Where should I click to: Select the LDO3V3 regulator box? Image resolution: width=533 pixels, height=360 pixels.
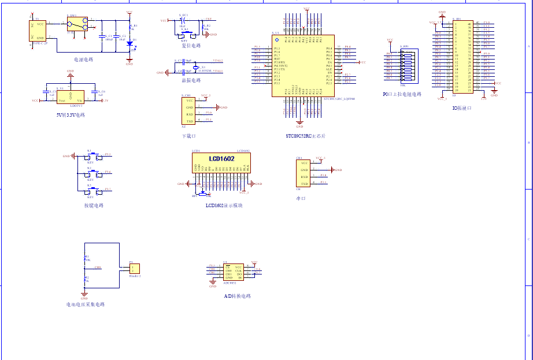71,98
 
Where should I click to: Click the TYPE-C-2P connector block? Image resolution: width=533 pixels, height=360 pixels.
38,31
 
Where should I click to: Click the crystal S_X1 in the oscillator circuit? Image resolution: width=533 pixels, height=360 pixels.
195,69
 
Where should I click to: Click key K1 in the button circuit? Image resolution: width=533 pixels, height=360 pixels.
91,156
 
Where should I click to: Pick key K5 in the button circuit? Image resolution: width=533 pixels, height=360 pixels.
91,190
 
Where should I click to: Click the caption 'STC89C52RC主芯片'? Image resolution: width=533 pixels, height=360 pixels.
305,136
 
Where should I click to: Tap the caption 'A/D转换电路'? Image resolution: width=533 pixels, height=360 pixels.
237,296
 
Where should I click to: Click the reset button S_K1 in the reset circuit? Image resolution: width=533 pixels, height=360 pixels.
184,34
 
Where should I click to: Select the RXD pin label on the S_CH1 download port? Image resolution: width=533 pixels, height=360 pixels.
190,114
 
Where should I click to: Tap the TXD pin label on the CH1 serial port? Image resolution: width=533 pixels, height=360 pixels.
304,184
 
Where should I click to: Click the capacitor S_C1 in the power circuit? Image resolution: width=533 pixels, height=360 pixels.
102,36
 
